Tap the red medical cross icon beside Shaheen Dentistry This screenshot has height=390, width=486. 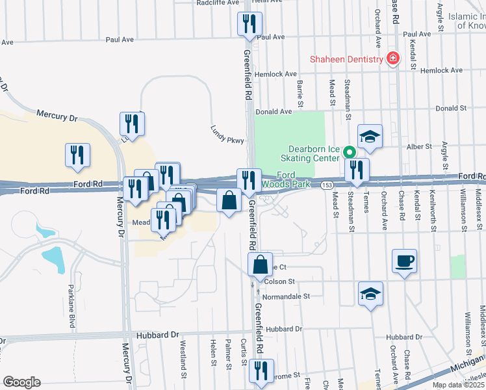392,60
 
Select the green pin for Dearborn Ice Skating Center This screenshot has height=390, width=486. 349,153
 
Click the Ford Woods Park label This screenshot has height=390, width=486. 292,179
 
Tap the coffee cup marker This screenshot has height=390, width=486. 404,261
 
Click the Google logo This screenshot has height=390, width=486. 21,382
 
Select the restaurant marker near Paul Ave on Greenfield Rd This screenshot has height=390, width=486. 249,25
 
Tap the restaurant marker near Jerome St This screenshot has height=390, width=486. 261,371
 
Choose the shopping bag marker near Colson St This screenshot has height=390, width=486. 260,265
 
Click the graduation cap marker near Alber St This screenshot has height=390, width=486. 370,136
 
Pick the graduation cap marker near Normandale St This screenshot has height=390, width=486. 371,294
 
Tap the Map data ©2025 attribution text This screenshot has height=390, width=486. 457,385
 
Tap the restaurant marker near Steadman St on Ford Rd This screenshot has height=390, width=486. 357,171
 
